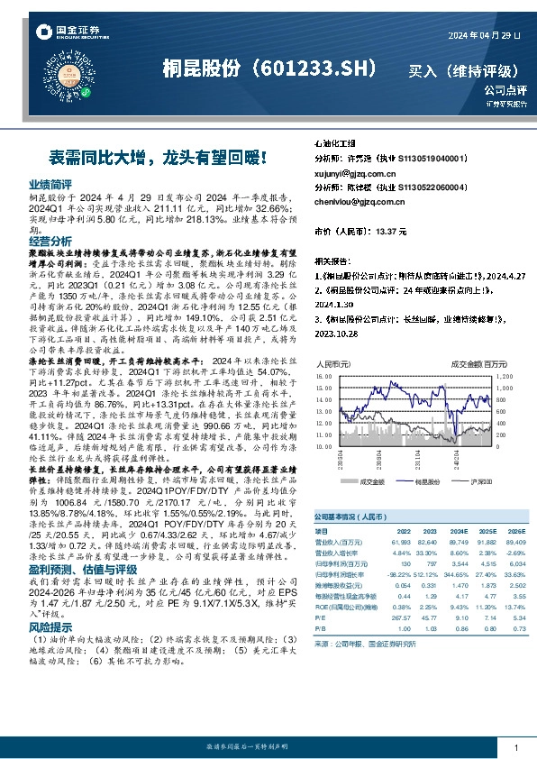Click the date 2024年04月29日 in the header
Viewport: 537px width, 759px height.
click(485, 34)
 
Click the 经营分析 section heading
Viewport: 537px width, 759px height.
click(50, 242)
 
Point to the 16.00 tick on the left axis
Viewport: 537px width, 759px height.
click(324, 376)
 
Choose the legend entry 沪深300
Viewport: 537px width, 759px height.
click(472, 483)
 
